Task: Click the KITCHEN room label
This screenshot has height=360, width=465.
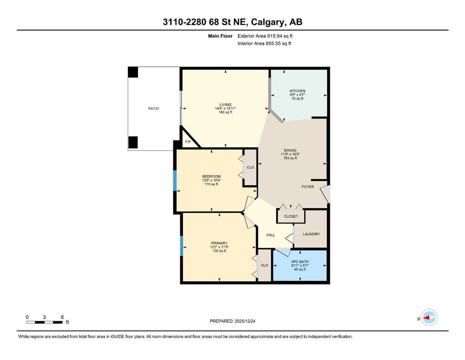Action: pos(297,91)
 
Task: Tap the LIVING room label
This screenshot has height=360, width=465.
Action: pos(226,105)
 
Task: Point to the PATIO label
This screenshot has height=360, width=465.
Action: pos(154,108)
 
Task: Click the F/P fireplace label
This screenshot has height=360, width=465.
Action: pos(188,142)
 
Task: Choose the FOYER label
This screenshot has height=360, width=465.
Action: pos(308,187)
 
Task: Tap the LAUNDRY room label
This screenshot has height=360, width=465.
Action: pos(311,234)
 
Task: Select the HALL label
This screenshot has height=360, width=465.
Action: pos(270,235)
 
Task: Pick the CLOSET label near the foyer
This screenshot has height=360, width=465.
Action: pos(291,217)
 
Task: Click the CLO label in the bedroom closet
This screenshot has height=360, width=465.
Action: pos(251,167)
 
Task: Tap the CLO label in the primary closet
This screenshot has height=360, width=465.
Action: pos(265,265)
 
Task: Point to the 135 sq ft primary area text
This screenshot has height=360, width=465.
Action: pos(219,251)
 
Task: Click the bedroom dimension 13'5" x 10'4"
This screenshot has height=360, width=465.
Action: pos(211,180)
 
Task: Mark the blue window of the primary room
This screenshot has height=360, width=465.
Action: pos(181,246)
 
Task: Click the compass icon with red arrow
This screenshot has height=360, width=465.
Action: pos(428,318)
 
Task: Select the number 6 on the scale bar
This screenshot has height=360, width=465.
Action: pos(62,316)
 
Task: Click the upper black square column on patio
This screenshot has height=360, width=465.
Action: pos(133,72)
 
